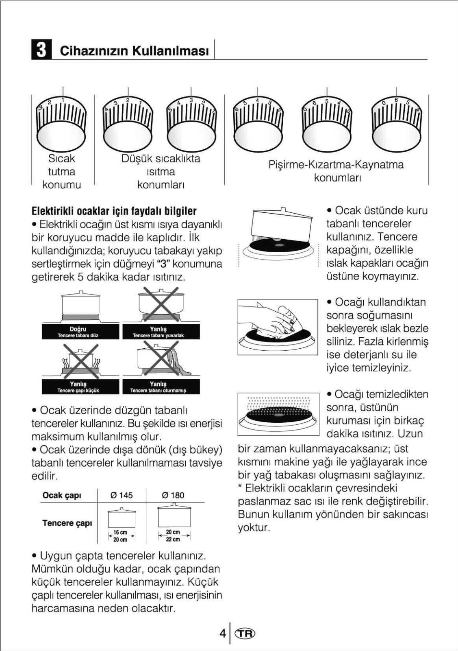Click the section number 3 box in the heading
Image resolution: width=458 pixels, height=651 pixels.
[x=41, y=50]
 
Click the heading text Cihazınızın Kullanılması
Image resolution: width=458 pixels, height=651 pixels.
[x=134, y=51]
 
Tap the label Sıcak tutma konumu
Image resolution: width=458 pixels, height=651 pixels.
[x=62, y=171]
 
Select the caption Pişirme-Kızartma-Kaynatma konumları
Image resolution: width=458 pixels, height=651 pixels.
[x=336, y=171]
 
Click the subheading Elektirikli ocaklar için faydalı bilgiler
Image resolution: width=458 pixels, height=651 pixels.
[x=114, y=211]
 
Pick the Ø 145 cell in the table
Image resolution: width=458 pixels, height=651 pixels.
[x=122, y=495]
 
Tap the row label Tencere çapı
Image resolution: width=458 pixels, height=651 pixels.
[x=67, y=523]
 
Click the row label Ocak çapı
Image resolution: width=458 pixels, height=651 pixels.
[x=62, y=495]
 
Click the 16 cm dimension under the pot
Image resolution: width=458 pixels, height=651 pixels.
[x=121, y=532]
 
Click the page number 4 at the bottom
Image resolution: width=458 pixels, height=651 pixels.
[x=222, y=634]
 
